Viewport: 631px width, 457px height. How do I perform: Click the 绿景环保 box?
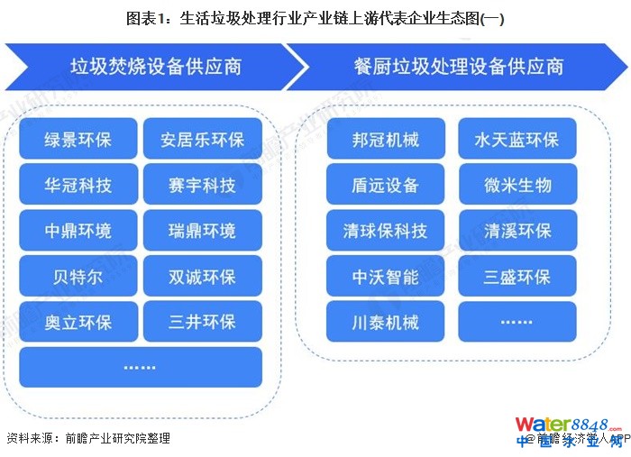pos(78,140)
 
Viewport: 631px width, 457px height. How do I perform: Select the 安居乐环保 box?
pos(202,140)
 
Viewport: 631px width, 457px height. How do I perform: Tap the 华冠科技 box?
pos(78,186)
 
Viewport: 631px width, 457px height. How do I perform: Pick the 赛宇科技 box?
pos(202,186)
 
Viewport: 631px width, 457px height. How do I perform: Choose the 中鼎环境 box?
pos(78,231)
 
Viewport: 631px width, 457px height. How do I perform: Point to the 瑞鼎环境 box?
pos(202,231)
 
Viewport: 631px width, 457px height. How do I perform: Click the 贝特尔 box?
pos(78,277)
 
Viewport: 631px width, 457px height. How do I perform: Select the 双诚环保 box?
pos(202,277)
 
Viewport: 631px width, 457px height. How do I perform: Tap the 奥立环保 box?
pos(78,322)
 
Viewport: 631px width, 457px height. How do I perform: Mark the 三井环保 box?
pos(202,322)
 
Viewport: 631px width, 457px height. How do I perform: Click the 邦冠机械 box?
pos(386,140)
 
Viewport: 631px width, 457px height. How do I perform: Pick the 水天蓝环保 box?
pos(517,140)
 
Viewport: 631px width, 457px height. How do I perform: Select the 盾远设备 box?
pos(386,186)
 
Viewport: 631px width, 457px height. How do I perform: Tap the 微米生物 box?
pos(517,186)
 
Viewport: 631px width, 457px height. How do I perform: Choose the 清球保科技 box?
pos(386,231)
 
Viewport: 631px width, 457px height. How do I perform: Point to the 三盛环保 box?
pos(517,277)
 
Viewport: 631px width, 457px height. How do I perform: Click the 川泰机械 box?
pos(386,322)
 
